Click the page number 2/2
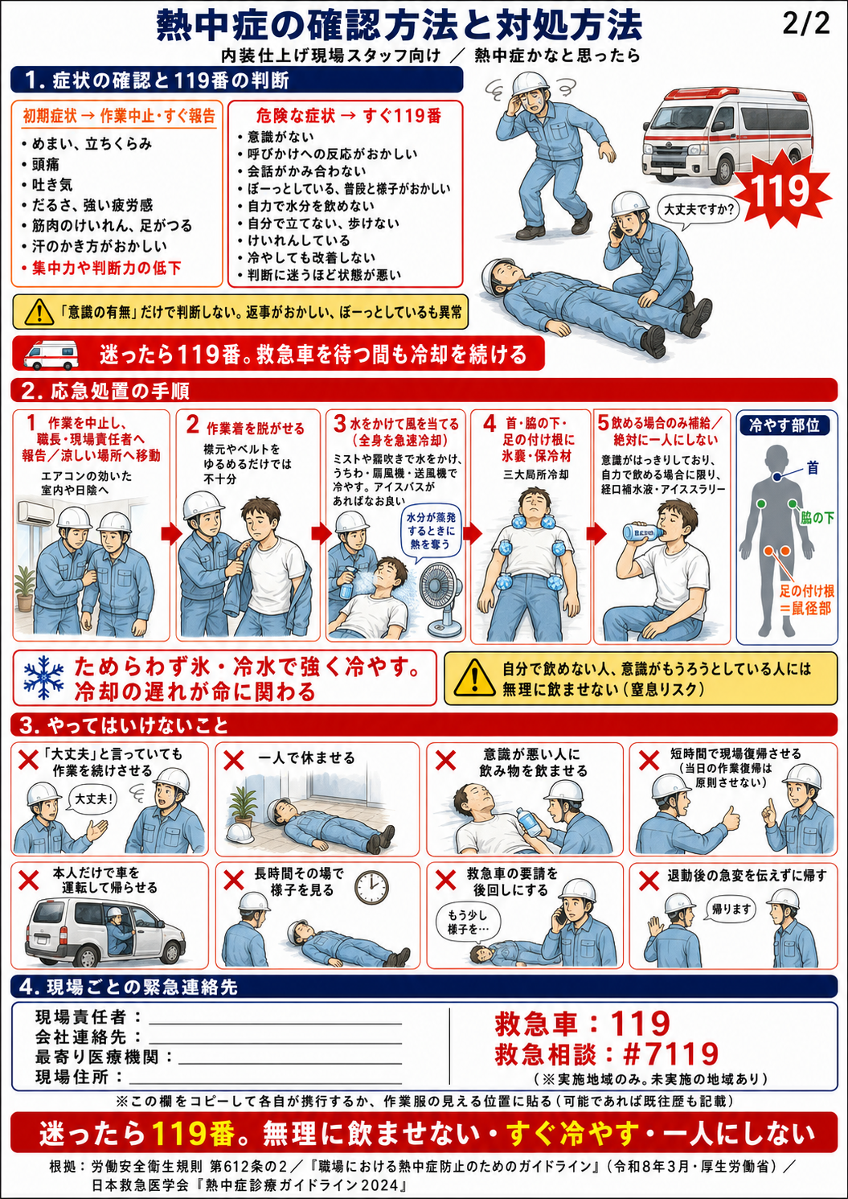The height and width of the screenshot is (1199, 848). pos(806,23)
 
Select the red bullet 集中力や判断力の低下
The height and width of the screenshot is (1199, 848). pos(101,267)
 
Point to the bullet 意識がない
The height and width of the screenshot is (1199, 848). pos(276,137)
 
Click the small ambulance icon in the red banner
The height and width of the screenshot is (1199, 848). pos(51,354)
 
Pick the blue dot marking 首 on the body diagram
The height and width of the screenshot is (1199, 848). pos(776,476)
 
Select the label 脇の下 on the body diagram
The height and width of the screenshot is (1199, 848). pos(817,518)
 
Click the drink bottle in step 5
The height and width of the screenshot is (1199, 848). pos(644,532)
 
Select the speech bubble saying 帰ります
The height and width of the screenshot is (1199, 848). pos(731,910)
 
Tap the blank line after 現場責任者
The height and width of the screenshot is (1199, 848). pos(276,1024)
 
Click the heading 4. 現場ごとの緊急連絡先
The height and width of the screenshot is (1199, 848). pos(129,987)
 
